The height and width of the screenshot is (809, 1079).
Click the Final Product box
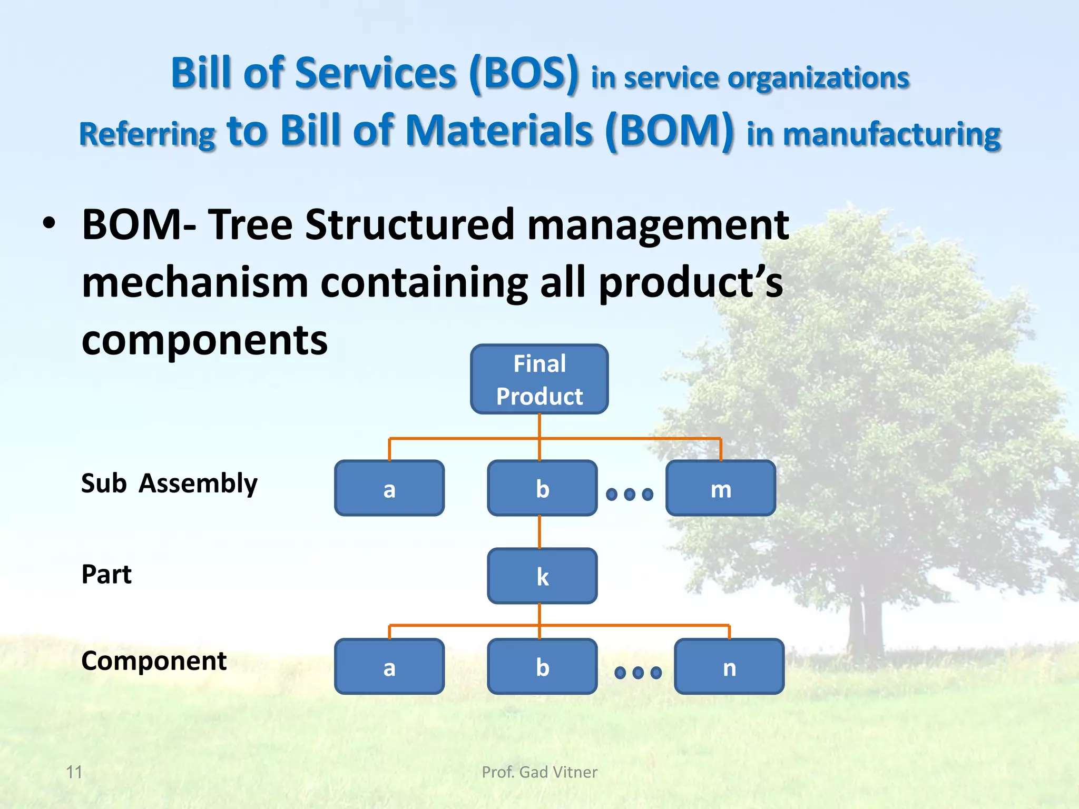tap(539, 379)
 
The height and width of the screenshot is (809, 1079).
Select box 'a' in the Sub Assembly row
tap(389, 488)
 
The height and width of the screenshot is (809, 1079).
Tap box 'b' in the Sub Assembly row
tap(542, 488)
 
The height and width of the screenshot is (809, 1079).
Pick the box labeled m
tap(720, 488)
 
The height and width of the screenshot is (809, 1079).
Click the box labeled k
tap(542, 576)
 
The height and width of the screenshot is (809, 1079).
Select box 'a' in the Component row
tap(389, 667)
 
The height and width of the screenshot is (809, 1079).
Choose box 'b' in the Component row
tap(542, 667)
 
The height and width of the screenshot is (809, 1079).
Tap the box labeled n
tap(729, 667)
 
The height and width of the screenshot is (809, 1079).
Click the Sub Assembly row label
tap(169, 484)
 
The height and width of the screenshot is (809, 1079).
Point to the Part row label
tap(106, 574)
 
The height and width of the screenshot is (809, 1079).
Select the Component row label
tap(154, 660)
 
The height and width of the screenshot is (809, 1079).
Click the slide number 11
tap(74, 772)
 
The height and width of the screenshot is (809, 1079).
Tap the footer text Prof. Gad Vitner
tap(539, 772)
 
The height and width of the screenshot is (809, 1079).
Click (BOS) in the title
tap(524, 74)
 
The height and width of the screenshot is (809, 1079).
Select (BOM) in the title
tap(669, 131)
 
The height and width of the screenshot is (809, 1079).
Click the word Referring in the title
tap(147, 134)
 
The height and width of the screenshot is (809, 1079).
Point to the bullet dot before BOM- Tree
tap(49, 224)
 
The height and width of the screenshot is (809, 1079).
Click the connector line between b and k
tap(539, 532)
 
